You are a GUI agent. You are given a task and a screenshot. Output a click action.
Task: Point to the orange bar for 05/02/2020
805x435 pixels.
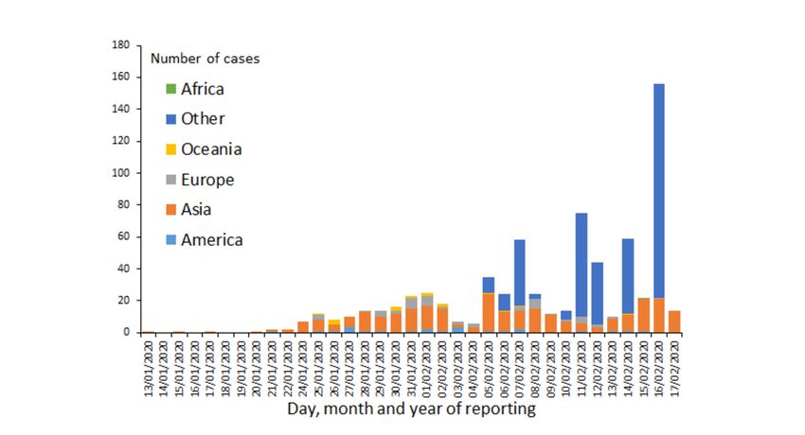pyautogui.click(x=489, y=312)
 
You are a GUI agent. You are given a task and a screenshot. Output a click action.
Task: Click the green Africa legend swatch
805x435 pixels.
pyautogui.click(x=170, y=89)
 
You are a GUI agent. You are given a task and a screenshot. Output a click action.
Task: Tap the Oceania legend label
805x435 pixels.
pyautogui.click(x=211, y=149)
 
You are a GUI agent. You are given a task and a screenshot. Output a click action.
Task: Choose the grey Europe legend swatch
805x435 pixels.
pyautogui.click(x=170, y=180)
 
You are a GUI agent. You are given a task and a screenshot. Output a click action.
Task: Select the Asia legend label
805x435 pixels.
pyautogui.click(x=198, y=210)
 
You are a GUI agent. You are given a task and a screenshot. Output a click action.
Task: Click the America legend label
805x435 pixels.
pyautogui.click(x=212, y=240)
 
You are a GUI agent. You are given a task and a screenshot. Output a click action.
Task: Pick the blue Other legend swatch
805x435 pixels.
pyautogui.click(x=170, y=119)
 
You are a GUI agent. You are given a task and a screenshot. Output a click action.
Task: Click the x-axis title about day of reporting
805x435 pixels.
pyautogui.click(x=412, y=409)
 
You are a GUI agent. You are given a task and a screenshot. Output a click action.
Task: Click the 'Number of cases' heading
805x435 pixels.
pyautogui.click(x=205, y=59)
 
